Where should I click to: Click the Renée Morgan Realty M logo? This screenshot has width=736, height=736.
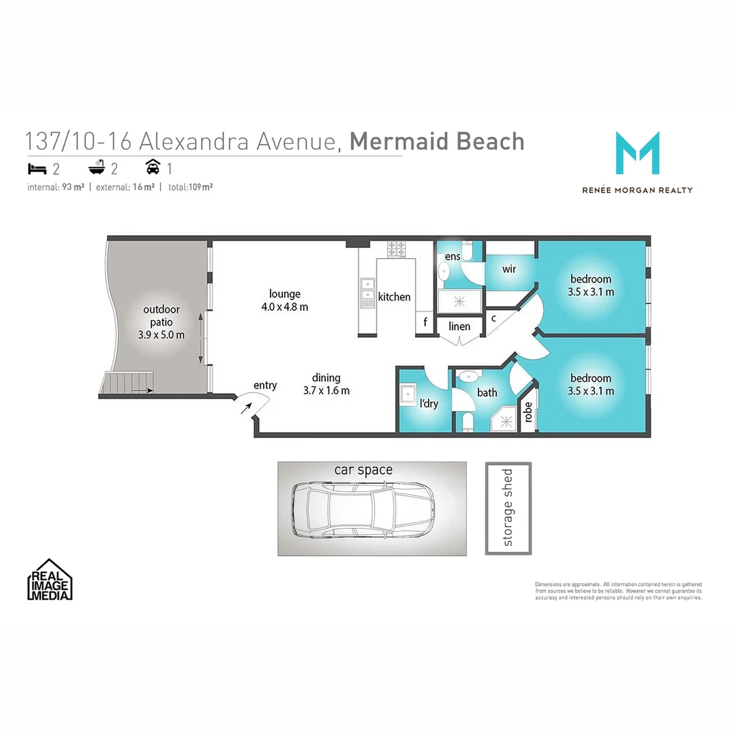click(x=637, y=153)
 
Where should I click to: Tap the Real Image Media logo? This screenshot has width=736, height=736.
click(x=50, y=580)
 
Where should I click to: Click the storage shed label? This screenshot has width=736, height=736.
click(x=508, y=508)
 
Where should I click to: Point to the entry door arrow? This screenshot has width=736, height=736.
click(x=246, y=408)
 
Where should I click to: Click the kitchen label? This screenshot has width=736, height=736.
click(x=395, y=296)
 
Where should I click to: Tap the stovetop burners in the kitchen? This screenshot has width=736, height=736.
click(x=396, y=249)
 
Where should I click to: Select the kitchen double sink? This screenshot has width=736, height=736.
click(x=367, y=292)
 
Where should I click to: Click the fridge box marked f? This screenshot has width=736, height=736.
click(x=425, y=323)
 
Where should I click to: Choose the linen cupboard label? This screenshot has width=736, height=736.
click(x=459, y=326)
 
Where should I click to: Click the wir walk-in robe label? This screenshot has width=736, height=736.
click(x=509, y=269)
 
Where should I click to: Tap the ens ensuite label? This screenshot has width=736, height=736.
click(x=453, y=256)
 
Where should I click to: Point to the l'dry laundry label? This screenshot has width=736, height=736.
click(x=429, y=403)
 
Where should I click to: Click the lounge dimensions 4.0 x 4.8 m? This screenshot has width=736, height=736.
click(x=285, y=307)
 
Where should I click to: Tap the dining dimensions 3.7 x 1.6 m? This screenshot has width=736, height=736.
click(x=326, y=390)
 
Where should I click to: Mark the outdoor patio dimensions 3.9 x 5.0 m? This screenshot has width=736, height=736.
click(x=162, y=335)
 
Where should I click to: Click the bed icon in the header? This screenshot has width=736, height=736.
click(x=35, y=168)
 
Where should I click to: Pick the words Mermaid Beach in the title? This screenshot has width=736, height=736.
click(x=437, y=142)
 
